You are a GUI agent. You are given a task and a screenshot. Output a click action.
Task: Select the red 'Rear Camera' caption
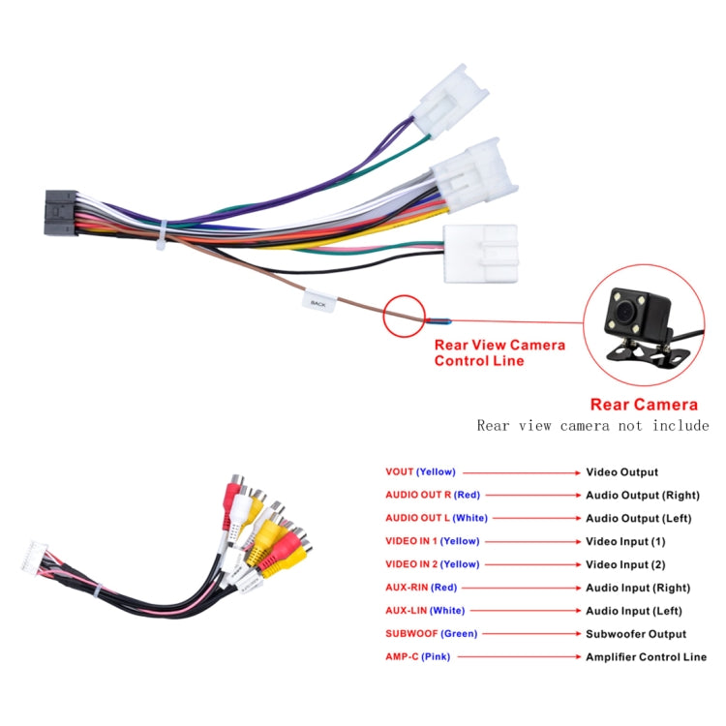click(x=644, y=405)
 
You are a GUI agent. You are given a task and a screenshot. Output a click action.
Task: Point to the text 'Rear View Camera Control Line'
click(x=499, y=352)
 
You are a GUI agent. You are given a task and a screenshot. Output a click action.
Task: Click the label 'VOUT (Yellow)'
click(x=420, y=472)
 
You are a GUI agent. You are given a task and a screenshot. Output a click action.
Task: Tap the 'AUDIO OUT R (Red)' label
click(x=433, y=496)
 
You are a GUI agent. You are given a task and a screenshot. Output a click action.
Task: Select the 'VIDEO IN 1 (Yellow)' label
click(x=432, y=541)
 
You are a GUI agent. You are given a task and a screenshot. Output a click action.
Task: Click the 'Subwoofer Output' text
click(x=636, y=634)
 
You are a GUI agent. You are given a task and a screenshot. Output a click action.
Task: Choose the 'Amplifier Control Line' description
click(x=646, y=656)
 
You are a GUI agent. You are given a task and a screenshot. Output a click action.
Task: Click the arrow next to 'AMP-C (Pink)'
click(x=515, y=656)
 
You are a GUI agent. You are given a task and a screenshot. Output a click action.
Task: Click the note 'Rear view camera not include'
click(x=592, y=426)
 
